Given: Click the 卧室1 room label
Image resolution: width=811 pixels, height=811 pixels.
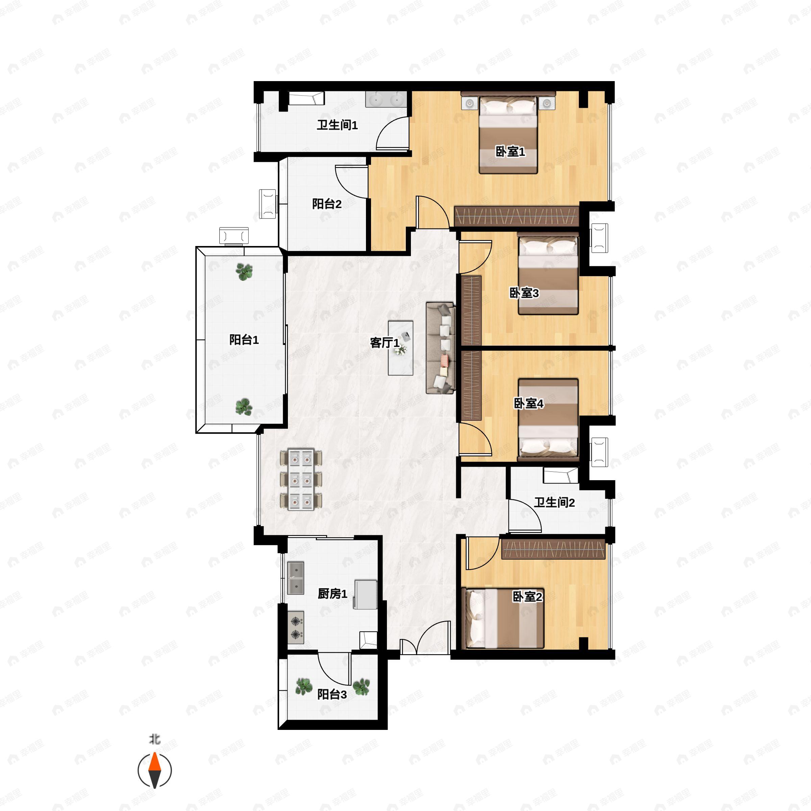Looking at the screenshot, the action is tap(510, 151).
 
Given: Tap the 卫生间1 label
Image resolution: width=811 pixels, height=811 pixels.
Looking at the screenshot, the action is tap(337, 125).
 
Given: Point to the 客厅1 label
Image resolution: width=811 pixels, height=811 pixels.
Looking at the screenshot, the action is tap(385, 343).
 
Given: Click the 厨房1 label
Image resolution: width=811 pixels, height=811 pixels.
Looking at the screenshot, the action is tap(333, 594).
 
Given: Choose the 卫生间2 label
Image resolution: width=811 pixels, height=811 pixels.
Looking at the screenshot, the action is tap(554, 502).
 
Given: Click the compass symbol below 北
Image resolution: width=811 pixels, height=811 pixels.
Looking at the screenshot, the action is tap(155, 770).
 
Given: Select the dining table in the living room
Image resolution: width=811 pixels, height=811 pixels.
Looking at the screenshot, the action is tap(301, 480).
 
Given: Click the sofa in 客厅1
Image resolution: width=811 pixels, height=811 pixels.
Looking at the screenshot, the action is tap(440, 348).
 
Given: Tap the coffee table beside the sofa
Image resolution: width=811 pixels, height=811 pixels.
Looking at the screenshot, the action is tap(400, 348).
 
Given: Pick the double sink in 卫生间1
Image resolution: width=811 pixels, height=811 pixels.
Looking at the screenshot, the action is tap(386, 100).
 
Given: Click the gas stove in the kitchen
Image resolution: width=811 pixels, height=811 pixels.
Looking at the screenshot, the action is tap(296, 627).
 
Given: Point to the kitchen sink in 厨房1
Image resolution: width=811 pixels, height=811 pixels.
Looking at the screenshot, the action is tap(296, 578).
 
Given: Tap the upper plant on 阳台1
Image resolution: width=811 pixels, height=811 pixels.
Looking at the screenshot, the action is tap(244, 272).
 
